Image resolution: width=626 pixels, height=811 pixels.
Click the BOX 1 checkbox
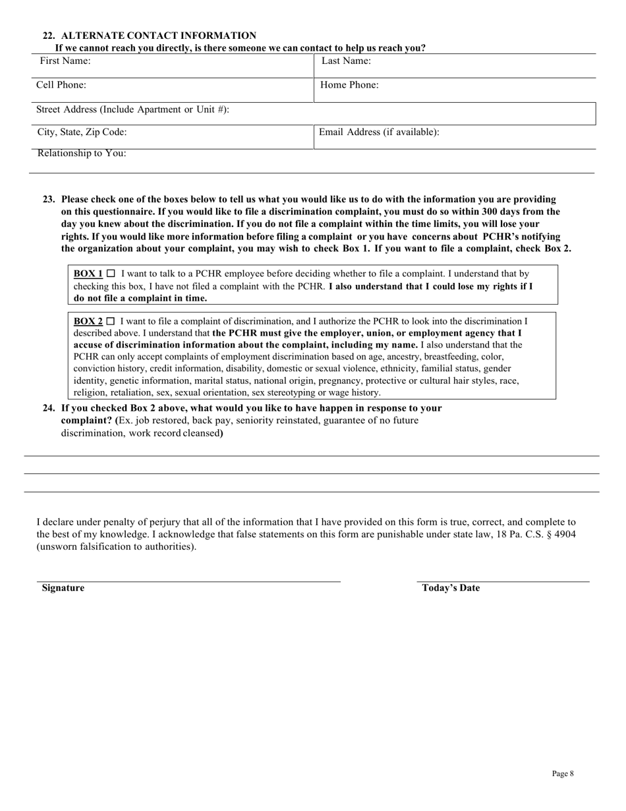point(111,273)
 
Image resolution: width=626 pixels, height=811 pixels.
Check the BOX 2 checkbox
point(111,321)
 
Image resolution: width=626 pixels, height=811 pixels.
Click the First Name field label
point(65,61)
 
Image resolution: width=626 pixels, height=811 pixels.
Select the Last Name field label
point(346,61)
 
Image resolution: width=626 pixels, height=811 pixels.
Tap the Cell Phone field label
point(61,85)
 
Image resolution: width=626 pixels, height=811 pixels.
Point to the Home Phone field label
point(349,85)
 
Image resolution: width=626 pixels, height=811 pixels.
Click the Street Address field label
point(132,109)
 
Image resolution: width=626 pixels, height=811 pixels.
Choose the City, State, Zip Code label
point(82,132)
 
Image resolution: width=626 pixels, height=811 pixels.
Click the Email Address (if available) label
point(379,132)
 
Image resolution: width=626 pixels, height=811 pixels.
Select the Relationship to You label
point(82,154)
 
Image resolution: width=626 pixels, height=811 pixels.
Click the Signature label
point(63,587)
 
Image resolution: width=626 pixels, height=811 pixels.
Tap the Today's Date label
point(451,587)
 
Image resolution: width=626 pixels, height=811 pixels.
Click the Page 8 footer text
point(563,773)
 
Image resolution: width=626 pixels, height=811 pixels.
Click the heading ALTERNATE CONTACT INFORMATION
point(158,36)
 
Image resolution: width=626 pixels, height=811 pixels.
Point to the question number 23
point(48,199)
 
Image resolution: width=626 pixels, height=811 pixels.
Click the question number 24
point(48,408)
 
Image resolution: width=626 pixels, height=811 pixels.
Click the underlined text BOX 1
point(88,273)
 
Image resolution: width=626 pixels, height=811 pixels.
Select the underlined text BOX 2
point(88,321)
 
